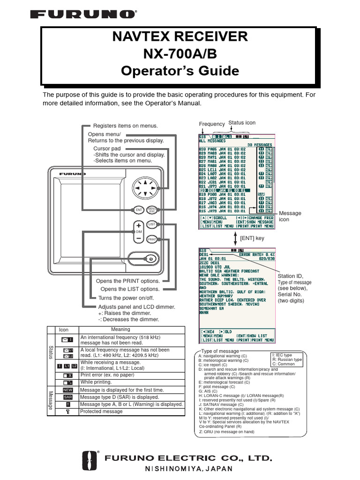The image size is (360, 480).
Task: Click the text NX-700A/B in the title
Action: [180, 54]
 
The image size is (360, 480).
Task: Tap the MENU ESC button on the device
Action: [152, 210]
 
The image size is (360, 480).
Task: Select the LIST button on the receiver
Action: [152, 225]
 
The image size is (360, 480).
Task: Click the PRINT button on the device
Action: [152, 240]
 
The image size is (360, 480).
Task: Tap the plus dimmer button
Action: [139, 225]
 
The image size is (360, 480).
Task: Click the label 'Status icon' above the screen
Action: [242, 123]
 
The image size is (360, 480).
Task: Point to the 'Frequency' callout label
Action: [212, 124]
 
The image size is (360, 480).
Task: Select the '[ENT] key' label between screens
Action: [252, 238]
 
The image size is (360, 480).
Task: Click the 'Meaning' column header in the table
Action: [120, 330]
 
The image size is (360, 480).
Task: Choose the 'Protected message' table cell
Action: [101, 412]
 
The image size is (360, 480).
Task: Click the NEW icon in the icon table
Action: [67, 390]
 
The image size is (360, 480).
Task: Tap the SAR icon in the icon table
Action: [67, 397]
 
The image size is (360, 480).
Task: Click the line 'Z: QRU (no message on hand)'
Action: [226, 432]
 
